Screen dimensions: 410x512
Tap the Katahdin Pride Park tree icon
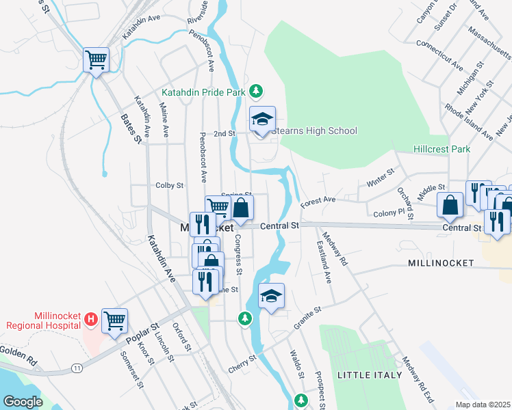pyautogui.click(x=256, y=91)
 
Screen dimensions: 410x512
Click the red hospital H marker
pyautogui.click(x=90, y=318)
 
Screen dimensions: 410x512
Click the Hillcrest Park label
pyautogui.click(x=441, y=149)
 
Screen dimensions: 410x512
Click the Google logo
pyautogui.click(x=23, y=402)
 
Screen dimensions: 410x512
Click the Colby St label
pyautogui.click(x=170, y=185)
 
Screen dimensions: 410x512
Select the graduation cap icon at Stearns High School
pyautogui.click(x=262, y=119)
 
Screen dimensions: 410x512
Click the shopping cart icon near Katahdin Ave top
pyautogui.click(x=96, y=59)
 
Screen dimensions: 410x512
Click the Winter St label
pyautogui.click(x=381, y=179)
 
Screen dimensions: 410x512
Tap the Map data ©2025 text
pyautogui.click(x=483, y=404)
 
